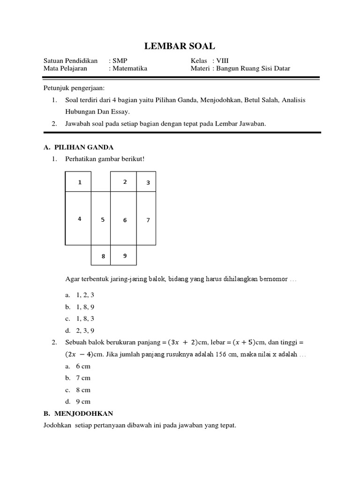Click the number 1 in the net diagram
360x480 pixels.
tap(80, 182)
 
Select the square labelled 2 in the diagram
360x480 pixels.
tap(125, 182)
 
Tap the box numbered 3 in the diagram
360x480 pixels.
tap(148, 182)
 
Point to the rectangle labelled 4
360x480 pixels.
tap(80, 218)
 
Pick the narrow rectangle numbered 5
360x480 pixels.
tap(102, 219)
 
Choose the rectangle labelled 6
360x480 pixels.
tap(125, 219)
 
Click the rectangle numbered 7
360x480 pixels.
tap(148, 219)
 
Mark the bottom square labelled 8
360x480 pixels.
tap(103, 256)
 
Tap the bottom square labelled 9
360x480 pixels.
tap(125, 255)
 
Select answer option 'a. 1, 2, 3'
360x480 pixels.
tap(81, 295)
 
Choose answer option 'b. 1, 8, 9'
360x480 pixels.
tap(81, 307)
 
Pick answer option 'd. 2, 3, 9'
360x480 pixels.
tap(81, 330)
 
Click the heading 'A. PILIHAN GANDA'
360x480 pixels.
tap(78, 147)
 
